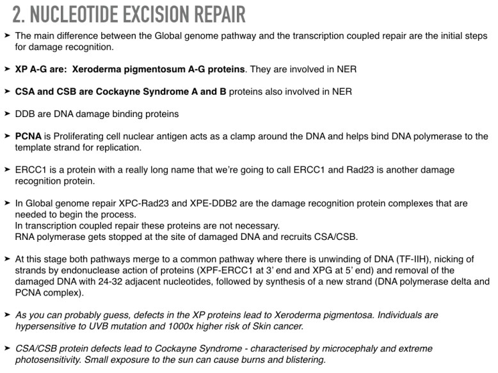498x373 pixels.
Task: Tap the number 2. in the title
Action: coord(20,14)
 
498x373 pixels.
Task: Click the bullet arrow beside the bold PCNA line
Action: coord(6,136)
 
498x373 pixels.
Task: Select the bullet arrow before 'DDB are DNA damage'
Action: coord(6,114)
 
